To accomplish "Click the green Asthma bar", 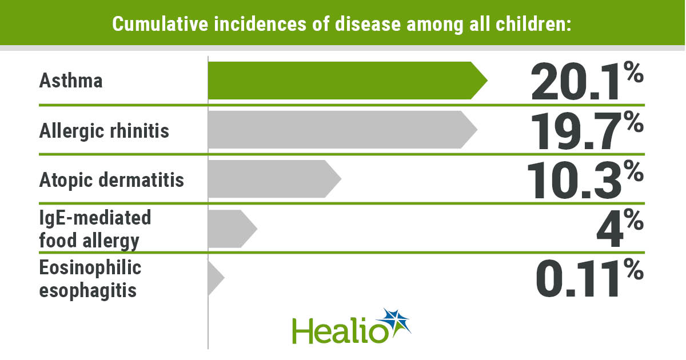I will point(343,81).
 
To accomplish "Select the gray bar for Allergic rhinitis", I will point(337,130).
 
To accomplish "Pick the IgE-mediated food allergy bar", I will point(229,229).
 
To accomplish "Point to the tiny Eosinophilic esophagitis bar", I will point(214,278).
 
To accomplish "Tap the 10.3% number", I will point(586,179).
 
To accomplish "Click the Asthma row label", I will point(71,81).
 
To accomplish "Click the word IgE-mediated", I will point(95,218).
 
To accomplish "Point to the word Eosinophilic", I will point(90,267).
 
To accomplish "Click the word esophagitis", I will point(87,290).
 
